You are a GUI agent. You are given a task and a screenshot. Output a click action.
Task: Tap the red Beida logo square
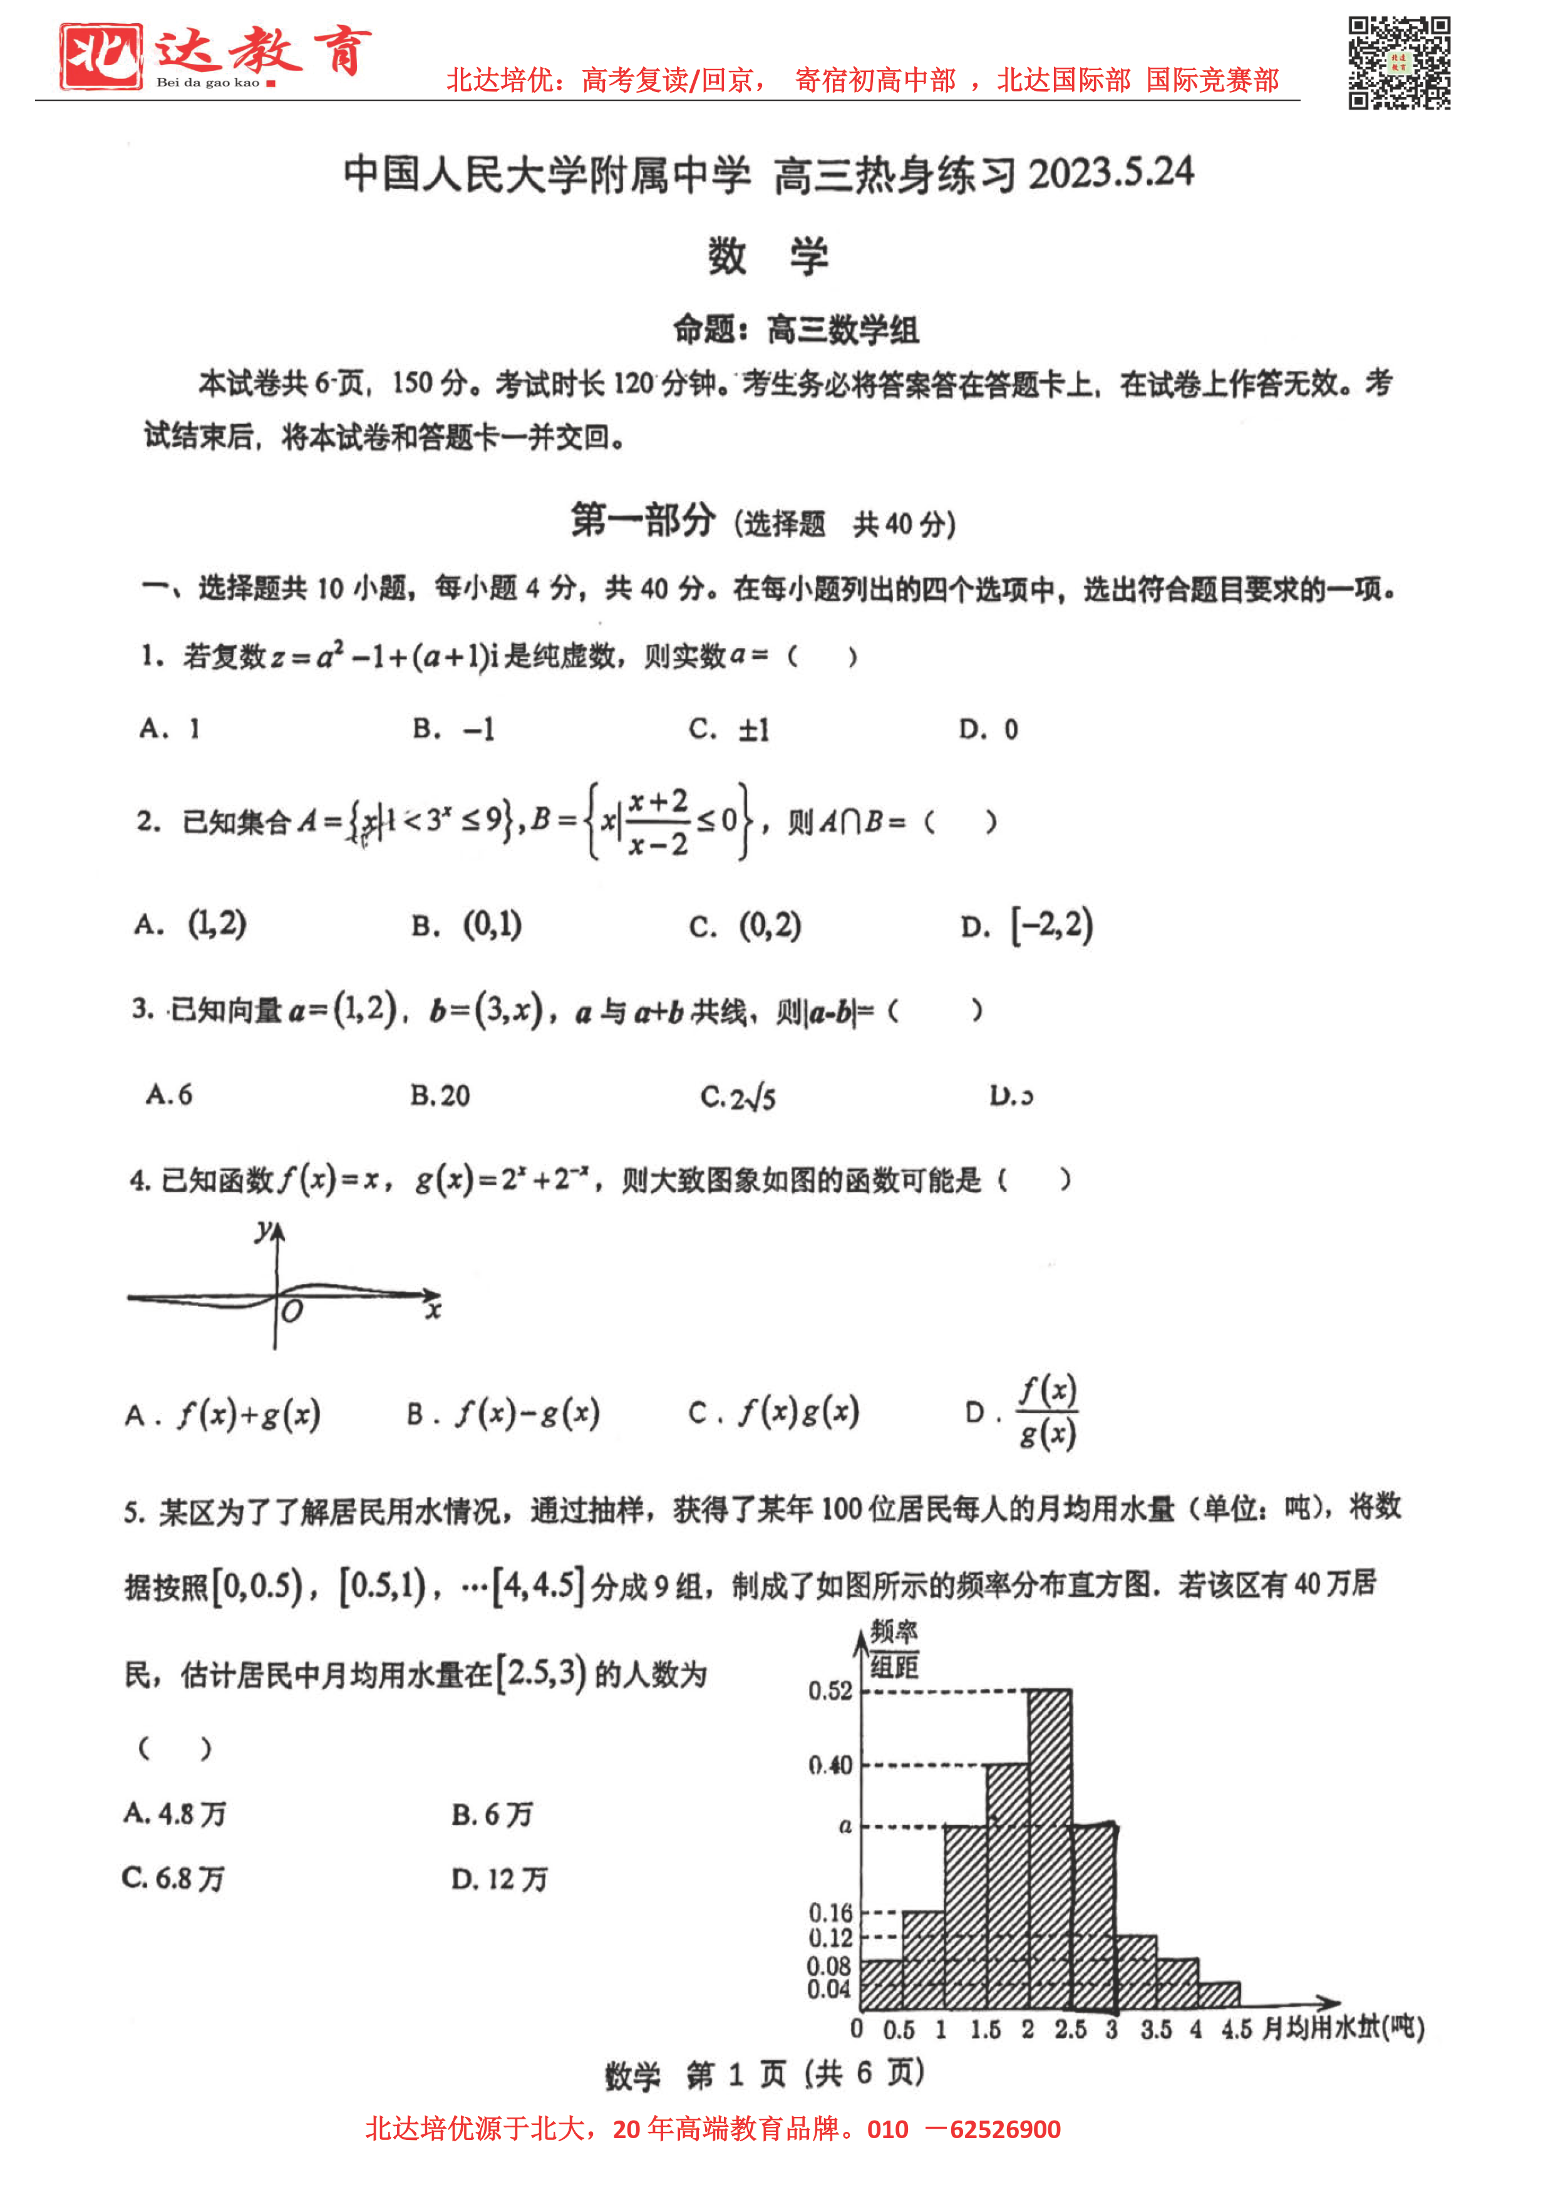click(100, 56)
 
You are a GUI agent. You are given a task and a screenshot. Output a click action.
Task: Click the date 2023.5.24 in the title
click(1111, 173)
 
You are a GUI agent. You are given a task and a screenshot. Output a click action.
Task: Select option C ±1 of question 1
click(729, 729)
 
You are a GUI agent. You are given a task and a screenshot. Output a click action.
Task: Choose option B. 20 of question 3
click(440, 1095)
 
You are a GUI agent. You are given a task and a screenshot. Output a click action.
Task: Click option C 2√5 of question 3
click(738, 1097)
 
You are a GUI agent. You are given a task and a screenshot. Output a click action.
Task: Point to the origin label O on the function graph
click(292, 1311)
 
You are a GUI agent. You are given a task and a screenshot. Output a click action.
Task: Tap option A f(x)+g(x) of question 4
click(223, 1414)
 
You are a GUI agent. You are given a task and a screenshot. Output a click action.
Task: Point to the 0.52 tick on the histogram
click(830, 1691)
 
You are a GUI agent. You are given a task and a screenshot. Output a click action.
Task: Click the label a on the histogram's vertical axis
click(845, 1826)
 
